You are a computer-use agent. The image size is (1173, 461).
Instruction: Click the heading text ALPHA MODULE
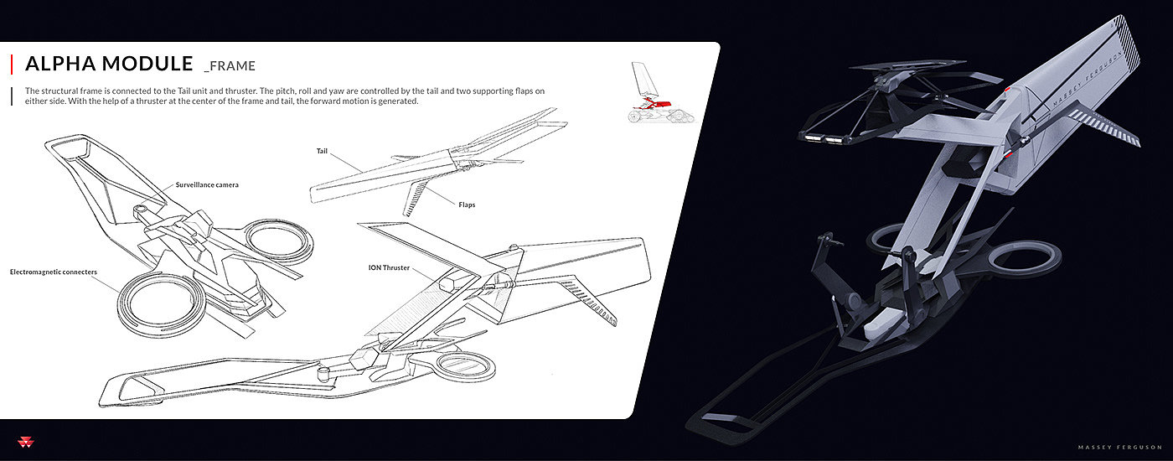coord(109,65)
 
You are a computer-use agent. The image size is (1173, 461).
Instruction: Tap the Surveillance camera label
coord(207,184)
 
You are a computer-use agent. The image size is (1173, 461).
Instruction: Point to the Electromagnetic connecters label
coord(54,272)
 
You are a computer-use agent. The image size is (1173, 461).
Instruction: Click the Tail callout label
coord(322,151)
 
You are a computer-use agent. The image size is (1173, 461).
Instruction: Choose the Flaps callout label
coord(467,204)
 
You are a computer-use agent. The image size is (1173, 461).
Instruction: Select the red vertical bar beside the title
coord(12,65)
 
